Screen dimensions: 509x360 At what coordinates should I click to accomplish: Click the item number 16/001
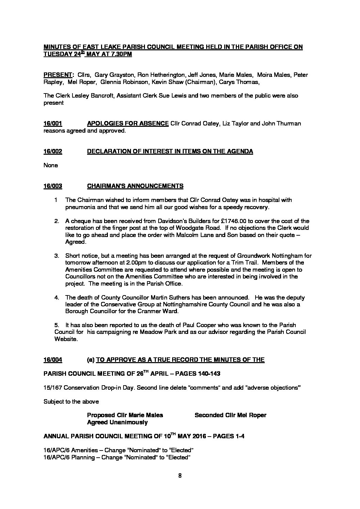(53, 124)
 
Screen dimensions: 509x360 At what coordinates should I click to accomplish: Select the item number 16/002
(53, 152)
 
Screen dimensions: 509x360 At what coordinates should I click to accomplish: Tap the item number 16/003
(53, 186)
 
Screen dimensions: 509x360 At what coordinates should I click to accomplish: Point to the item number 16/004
(53, 360)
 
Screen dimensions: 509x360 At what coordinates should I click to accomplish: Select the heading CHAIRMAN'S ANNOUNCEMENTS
(135, 186)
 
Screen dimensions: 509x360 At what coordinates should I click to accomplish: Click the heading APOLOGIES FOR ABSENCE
(128, 124)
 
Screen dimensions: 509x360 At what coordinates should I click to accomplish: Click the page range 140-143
(209, 374)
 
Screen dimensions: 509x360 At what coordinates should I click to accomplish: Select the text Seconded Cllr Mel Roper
(230, 415)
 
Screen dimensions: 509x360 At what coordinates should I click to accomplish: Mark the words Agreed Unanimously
(117, 423)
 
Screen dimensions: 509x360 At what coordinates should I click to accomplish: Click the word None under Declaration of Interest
(51, 166)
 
